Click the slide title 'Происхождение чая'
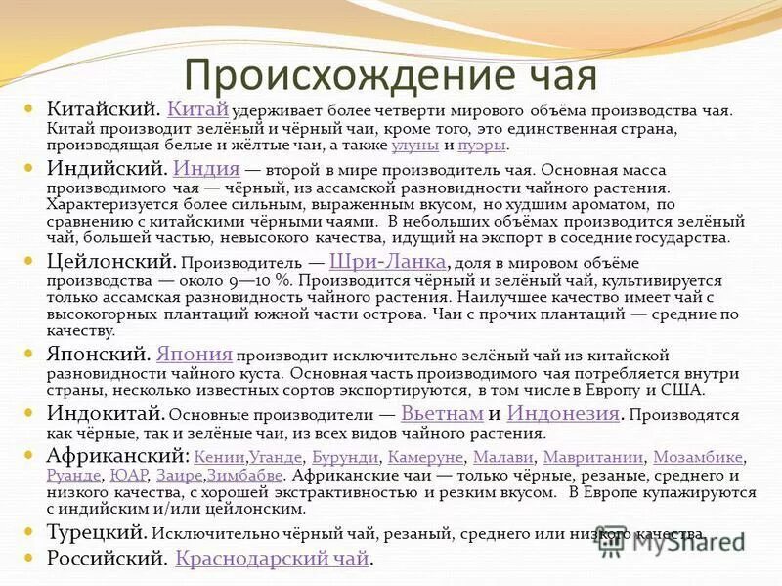point(391,74)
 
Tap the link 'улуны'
point(414,146)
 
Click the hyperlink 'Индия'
point(206,168)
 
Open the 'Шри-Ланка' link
point(388,261)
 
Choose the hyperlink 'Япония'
point(194,354)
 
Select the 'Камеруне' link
point(425,457)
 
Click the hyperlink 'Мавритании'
point(592,457)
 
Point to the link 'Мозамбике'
point(698,457)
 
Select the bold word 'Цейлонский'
point(110,261)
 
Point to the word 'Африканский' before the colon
point(115,455)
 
